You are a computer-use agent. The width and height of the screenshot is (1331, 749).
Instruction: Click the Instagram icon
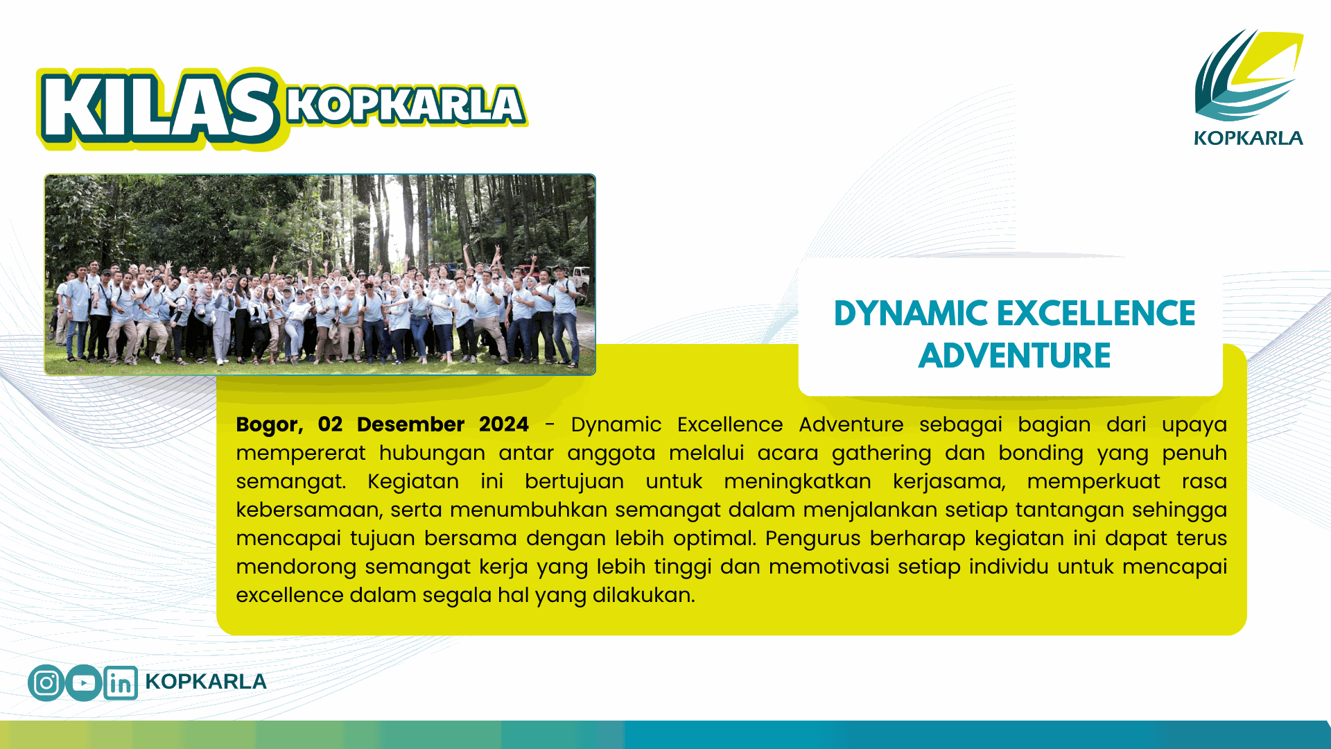pyautogui.click(x=46, y=683)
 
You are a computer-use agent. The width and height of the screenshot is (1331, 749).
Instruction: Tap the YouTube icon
pyautogui.click(x=84, y=683)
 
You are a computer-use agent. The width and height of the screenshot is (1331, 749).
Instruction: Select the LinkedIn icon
pyautogui.click(x=121, y=683)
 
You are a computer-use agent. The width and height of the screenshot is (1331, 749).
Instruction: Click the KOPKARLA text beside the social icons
pyautogui.click(x=206, y=682)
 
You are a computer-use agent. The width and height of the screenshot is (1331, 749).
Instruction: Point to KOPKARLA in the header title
pyautogui.click(x=406, y=106)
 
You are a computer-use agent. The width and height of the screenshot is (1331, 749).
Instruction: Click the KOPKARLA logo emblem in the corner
pyautogui.click(x=1249, y=75)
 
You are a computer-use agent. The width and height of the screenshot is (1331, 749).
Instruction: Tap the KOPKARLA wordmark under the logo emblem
pyautogui.click(x=1249, y=138)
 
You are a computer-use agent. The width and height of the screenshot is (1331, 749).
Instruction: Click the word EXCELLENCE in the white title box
pyautogui.click(x=1096, y=313)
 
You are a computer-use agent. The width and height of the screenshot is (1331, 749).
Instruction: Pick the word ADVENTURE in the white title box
pyautogui.click(x=1015, y=356)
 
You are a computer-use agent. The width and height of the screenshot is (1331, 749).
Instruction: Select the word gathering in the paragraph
pyautogui.click(x=882, y=454)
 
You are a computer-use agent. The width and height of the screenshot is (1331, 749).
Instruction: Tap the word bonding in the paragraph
pyautogui.click(x=1041, y=454)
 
